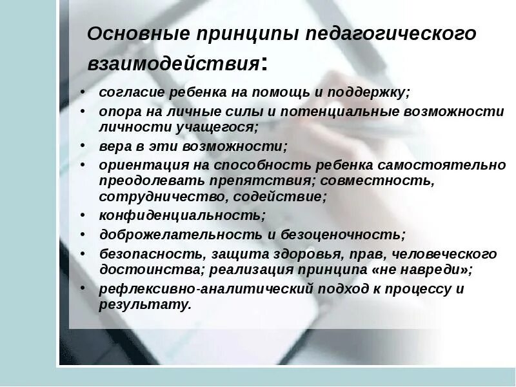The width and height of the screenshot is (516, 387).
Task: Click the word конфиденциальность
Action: point(181,215)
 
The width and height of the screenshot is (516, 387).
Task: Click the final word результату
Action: point(144,304)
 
